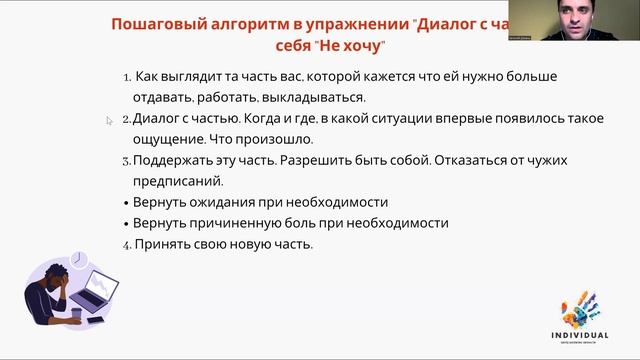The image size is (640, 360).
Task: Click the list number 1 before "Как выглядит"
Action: pos(127,77)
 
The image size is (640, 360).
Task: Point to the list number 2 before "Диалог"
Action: pos(127,118)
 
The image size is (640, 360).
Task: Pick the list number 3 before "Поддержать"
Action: pos(127,160)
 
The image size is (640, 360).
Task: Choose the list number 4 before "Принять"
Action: pos(127,244)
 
